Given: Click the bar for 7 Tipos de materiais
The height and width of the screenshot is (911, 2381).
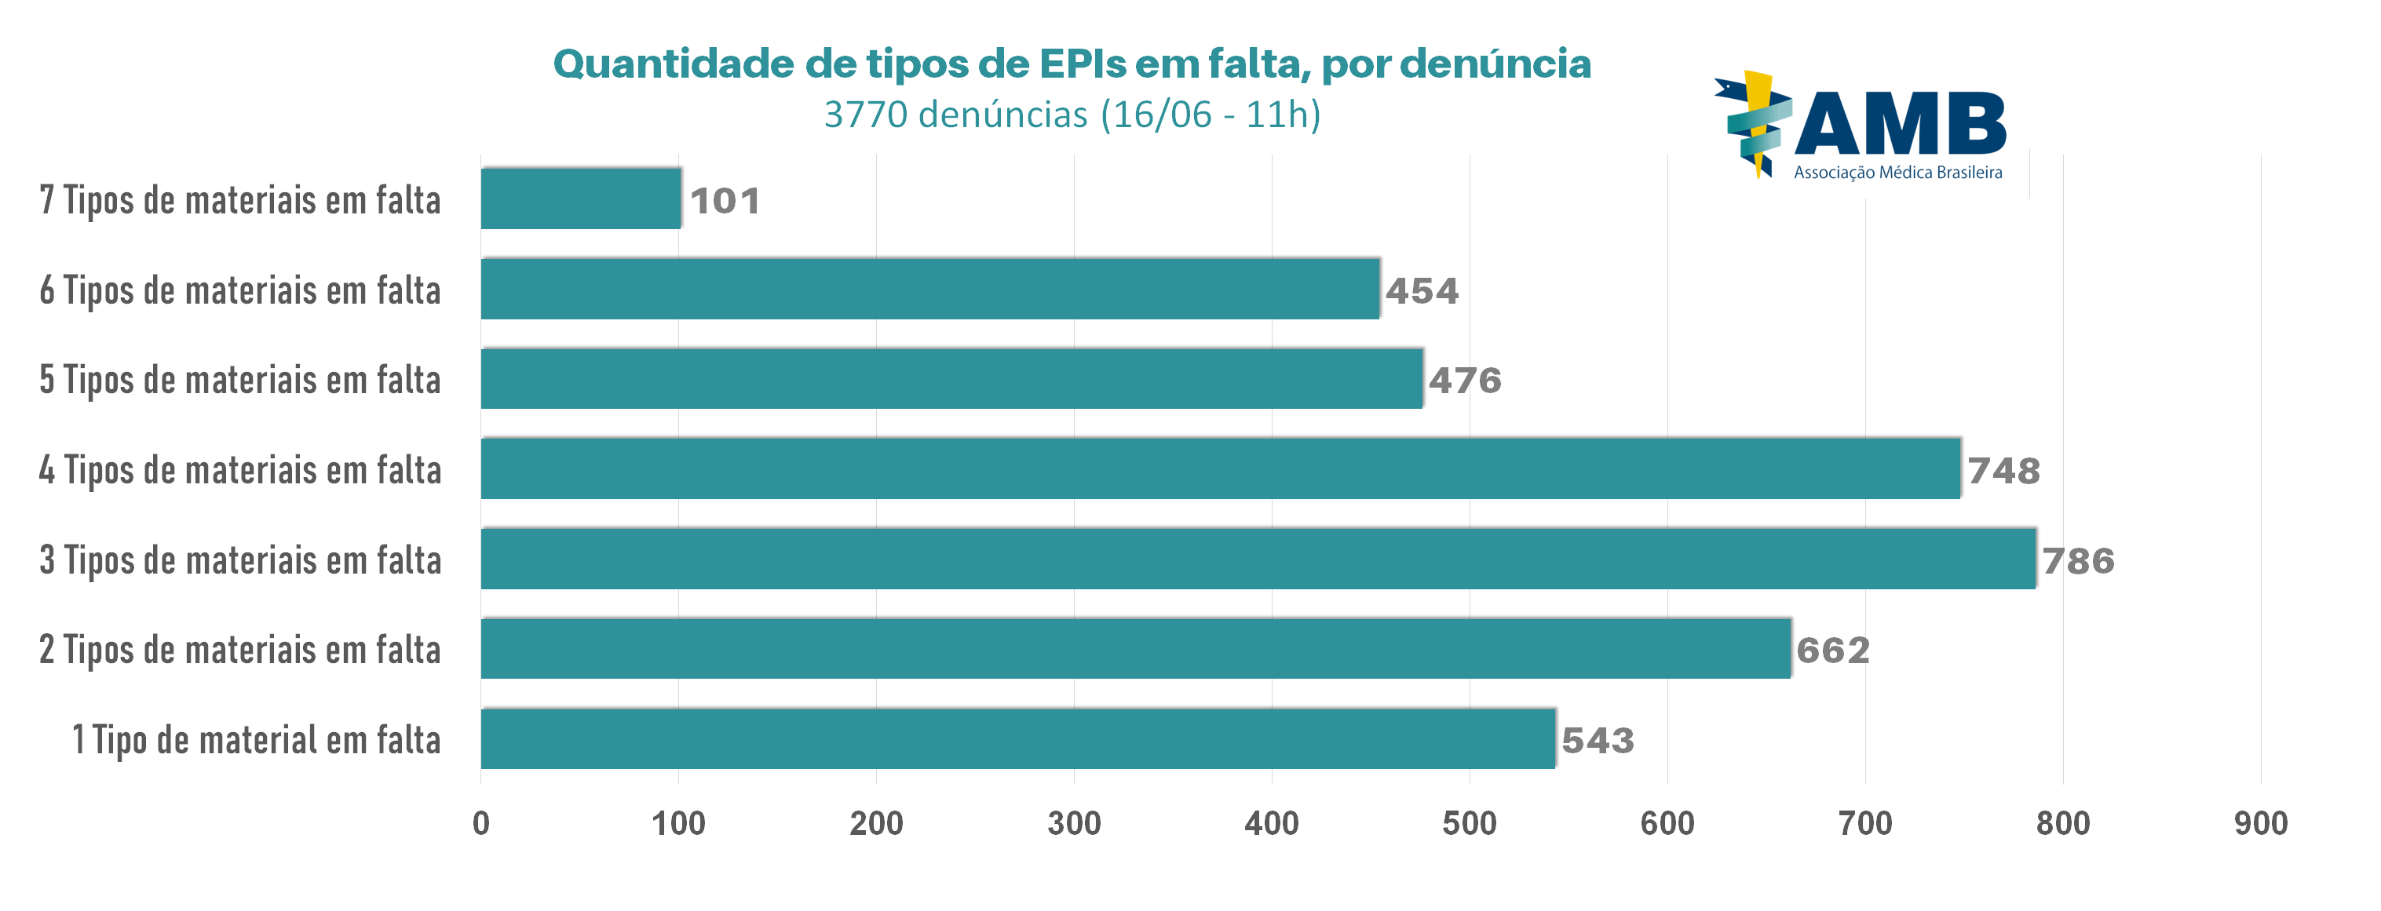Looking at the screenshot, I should click(x=580, y=199).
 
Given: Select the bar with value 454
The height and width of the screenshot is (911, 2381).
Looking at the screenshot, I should click(x=929, y=290).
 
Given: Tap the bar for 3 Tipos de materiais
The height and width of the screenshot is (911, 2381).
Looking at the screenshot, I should click(x=1257, y=559).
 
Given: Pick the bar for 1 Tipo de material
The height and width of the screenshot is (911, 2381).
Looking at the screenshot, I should click(x=1017, y=739).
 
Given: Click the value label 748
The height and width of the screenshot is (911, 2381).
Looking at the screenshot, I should click(x=2003, y=472).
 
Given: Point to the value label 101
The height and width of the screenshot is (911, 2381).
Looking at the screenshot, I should click(x=725, y=201).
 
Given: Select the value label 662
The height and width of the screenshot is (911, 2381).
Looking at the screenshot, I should click(x=1833, y=650).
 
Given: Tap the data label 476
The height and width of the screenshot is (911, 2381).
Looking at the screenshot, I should click(x=1465, y=381).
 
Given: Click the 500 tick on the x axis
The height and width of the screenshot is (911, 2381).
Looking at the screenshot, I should click(x=1469, y=823).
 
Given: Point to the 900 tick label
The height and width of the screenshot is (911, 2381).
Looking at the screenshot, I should click(x=2261, y=823).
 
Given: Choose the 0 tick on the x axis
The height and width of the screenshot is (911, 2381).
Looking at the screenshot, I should click(x=480, y=823).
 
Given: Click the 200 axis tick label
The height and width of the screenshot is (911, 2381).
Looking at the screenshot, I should click(x=876, y=823).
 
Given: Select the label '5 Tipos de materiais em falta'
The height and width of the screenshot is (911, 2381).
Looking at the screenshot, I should click(x=240, y=380).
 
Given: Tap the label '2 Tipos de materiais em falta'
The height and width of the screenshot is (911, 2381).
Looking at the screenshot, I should click(x=240, y=650).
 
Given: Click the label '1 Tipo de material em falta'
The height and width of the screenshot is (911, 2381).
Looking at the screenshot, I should click(x=256, y=740).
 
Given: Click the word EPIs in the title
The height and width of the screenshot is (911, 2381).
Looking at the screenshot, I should click(x=1082, y=64).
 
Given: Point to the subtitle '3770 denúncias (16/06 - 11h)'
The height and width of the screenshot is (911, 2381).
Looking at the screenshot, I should click(x=1072, y=115).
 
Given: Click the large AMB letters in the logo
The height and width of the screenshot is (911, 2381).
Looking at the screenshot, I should click(x=1900, y=125).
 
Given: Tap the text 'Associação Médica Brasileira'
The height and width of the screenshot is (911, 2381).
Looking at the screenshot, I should click(x=1897, y=173).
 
